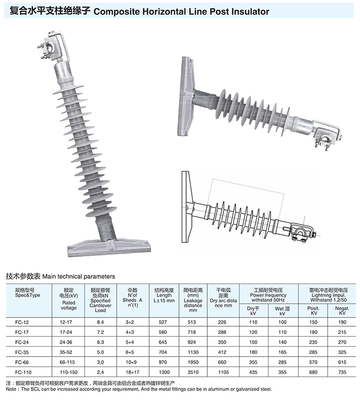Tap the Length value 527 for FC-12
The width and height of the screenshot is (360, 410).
click(x=163, y=322)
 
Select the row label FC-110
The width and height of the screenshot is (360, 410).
click(x=23, y=372)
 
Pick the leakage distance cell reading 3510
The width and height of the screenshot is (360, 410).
click(x=193, y=372)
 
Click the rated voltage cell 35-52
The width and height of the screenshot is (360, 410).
click(x=66, y=352)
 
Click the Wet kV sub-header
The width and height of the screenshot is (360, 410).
click(x=282, y=311)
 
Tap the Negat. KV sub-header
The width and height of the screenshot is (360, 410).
click(x=342, y=311)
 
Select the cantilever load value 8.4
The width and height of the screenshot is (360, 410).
click(x=100, y=322)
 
